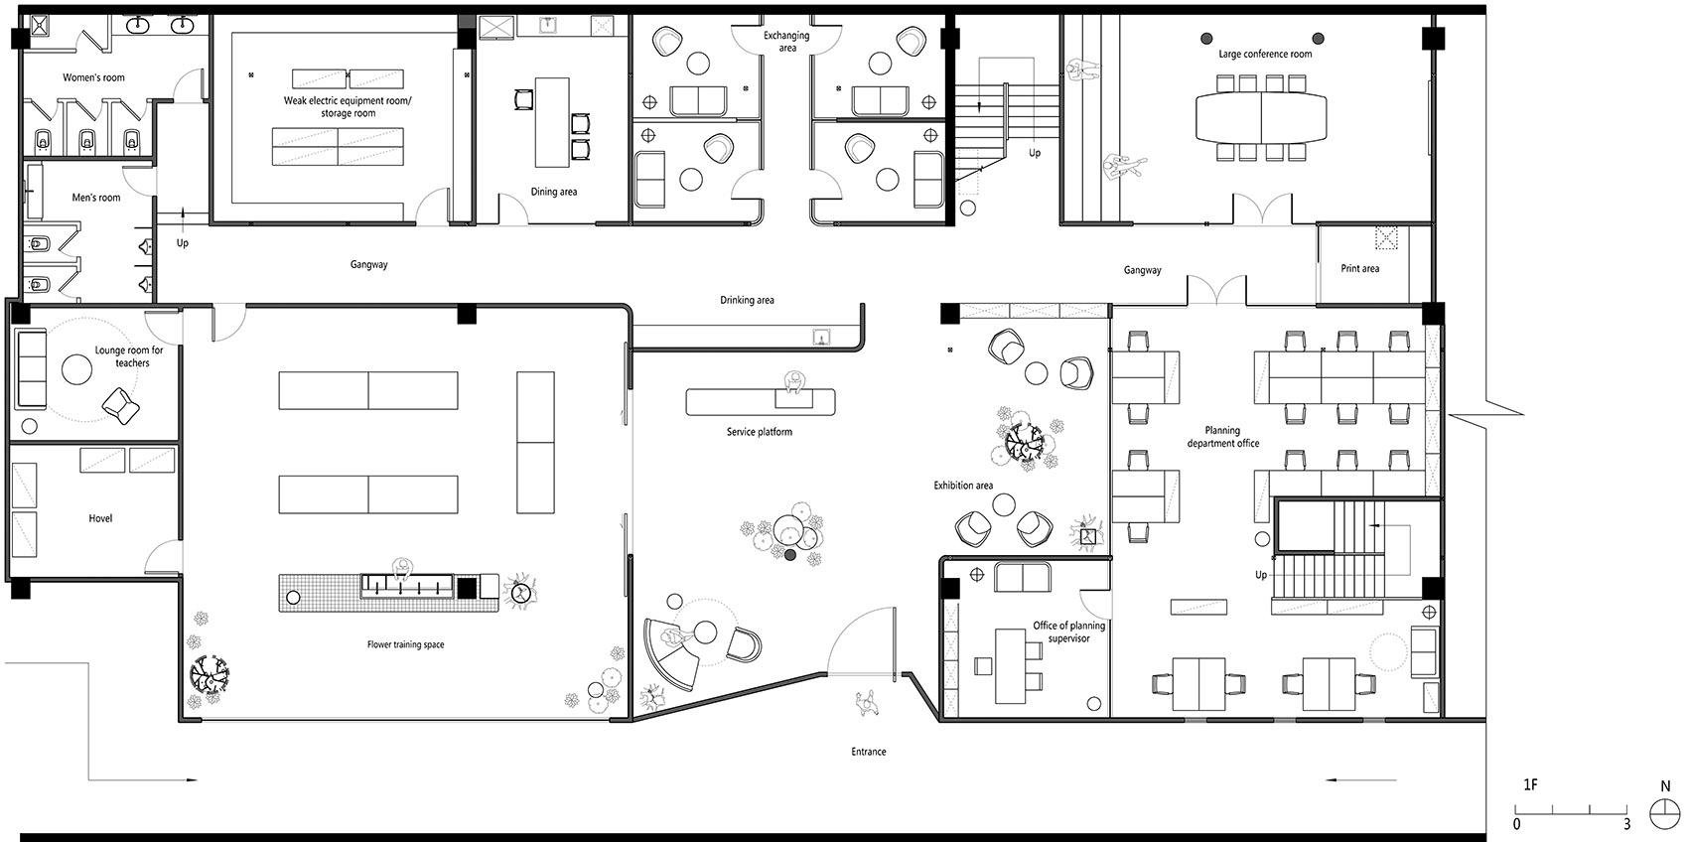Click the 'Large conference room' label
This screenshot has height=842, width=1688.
[1265, 55]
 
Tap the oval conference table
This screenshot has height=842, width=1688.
[1261, 117]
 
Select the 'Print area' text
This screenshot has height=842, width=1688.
[1360, 268]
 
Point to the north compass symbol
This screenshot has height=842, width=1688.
[1664, 813]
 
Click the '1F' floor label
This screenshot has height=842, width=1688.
[1530, 785]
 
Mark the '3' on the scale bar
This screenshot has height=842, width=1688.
[1627, 825]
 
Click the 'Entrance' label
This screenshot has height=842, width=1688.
[869, 752]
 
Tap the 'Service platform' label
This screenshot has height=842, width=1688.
[760, 432]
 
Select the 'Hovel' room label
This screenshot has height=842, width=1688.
[100, 518]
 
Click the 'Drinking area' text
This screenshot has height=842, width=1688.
[747, 300]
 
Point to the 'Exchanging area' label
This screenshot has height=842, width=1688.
[786, 42]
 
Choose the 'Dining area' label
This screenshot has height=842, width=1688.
[554, 192]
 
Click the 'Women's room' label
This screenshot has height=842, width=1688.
[93, 77]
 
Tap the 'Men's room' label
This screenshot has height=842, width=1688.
[95, 198]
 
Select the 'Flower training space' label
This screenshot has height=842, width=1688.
[405, 644]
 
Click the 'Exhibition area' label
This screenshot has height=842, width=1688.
[963, 486]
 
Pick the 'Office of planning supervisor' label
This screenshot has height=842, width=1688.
[1068, 631]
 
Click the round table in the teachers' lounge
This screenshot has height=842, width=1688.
[76, 368]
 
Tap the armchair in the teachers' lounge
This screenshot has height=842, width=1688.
[120, 405]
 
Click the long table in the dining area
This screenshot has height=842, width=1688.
[552, 122]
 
